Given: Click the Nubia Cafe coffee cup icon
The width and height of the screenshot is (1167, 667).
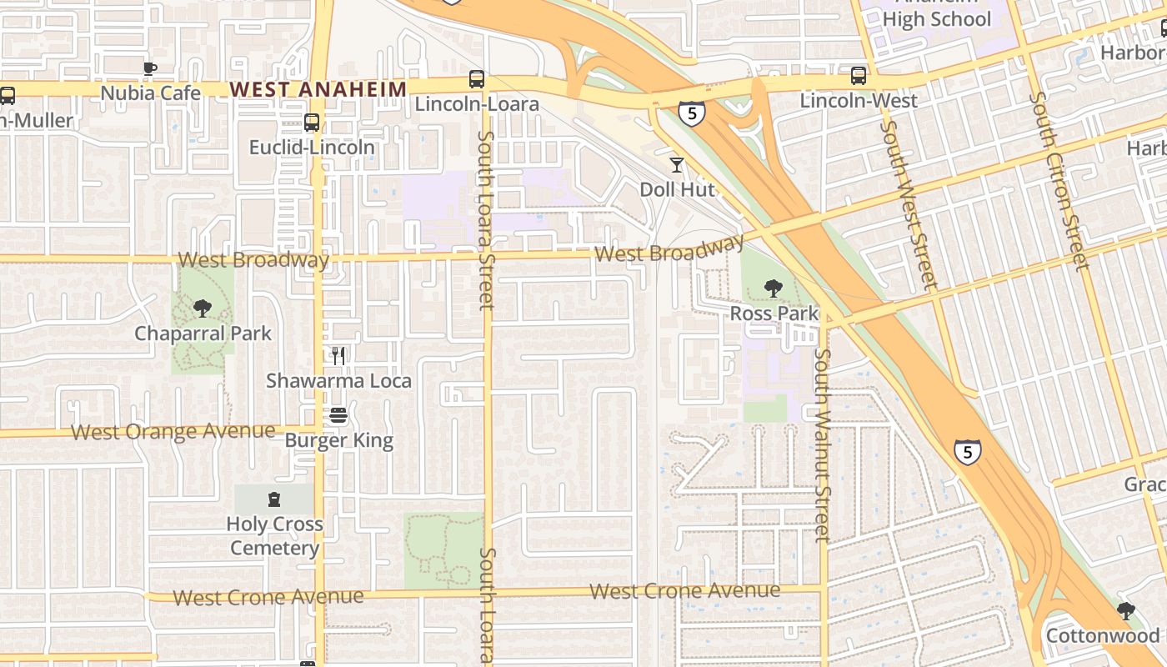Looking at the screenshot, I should tap(150, 68).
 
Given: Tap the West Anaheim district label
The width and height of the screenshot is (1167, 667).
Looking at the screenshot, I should tap(318, 88).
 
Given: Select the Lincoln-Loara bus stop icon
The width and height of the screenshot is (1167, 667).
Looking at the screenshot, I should tap(476, 79).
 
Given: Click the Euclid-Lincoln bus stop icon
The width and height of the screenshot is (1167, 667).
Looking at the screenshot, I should tap(312, 123).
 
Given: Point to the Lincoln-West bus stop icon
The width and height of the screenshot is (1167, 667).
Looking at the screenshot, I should tap(859, 76).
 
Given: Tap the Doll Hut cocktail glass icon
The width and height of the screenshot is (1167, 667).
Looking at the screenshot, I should tap(677, 165).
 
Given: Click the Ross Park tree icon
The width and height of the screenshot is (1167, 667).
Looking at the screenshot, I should tap(774, 288).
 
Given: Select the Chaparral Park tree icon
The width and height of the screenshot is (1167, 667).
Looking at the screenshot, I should tap(203, 308).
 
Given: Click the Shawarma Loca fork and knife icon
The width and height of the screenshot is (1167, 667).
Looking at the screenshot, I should tap(338, 356).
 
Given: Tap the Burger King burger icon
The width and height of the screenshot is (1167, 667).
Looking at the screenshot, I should tap(338, 415).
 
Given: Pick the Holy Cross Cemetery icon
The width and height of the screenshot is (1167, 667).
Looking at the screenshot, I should tap(274, 499).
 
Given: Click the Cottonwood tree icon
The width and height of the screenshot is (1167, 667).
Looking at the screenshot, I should tap(1126, 611).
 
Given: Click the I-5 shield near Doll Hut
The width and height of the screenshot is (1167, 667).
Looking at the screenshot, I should tap(691, 113).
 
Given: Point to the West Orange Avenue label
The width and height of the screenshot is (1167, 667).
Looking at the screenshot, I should tap(173, 432).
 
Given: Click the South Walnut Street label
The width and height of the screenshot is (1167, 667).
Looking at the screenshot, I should tap(823, 445).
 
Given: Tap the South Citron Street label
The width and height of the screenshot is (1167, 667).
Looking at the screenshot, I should tap(1059, 181).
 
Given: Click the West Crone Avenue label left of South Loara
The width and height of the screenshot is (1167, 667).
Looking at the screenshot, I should tap(268, 597).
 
